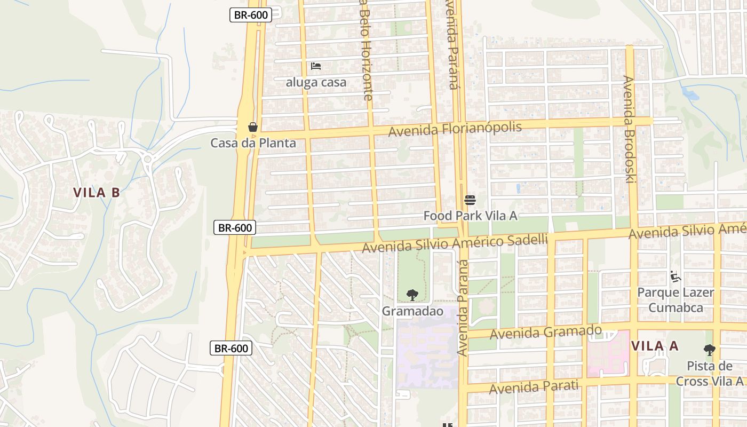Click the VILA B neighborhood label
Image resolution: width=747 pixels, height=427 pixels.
(x=97, y=193)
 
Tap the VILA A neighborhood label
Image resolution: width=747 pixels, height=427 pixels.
(x=655, y=346)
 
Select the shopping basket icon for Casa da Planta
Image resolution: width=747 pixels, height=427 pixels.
(x=253, y=127)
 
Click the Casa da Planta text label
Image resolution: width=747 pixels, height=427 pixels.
(x=253, y=143)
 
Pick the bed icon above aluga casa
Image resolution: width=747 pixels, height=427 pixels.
(x=316, y=66)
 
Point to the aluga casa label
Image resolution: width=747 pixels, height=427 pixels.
(x=316, y=82)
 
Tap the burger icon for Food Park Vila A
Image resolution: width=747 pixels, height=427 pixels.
(x=470, y=200)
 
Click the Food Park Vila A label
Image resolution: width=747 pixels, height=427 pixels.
(x=470, y=216)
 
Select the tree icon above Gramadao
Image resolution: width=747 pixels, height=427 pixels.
(x=412, y=295)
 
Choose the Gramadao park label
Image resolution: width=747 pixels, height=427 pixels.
(x=412, y=311)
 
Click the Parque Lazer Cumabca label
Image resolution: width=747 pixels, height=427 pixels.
(x=676, y=300)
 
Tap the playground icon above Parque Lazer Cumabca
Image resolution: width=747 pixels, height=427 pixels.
(x=676, y=276)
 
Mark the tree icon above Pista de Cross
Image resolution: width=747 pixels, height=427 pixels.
(x=709, y=350)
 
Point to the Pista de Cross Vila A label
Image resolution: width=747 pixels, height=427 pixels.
(x=709, y=374)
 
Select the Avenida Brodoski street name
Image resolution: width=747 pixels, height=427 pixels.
(x=629, y=129)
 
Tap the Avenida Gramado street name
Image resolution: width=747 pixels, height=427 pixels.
(x=545, y=333)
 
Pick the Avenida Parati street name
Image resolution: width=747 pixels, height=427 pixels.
(x=534, y=386)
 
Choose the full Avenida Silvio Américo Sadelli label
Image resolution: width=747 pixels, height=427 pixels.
(x=455, y=243)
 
